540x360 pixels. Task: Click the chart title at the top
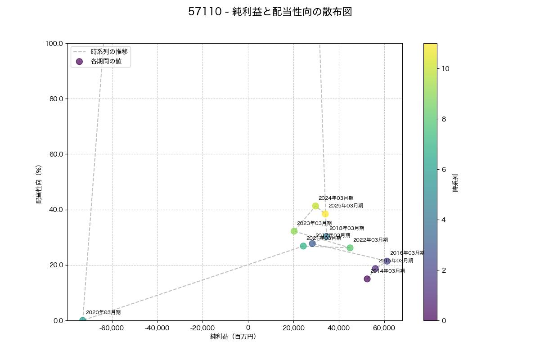click(x=270, y=12)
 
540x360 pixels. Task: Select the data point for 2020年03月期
click(x=83, y=320)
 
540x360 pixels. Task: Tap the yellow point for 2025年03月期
click(x=325, y=214)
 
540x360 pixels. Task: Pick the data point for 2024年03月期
click(x=315, y=206)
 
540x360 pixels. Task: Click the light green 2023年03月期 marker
click(x=294, y=231)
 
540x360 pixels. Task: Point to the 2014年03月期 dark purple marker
click(x=367, y=279)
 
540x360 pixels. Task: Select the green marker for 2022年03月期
click(x=350, y=248)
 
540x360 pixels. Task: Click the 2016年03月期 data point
click(x=387, y=261)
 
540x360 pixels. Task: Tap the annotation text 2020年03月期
click(x=103, y=312)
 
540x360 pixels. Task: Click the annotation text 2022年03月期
click(x=370, y=240)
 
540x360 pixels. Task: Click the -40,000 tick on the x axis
click(x=157, y=328)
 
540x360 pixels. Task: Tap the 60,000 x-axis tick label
click(x=385, y=328)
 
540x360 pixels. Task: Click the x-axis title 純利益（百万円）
click(x=233, y=337)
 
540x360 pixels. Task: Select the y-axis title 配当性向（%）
click(x=39, y=182)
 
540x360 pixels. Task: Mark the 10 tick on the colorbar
click(x=446, y=69)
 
